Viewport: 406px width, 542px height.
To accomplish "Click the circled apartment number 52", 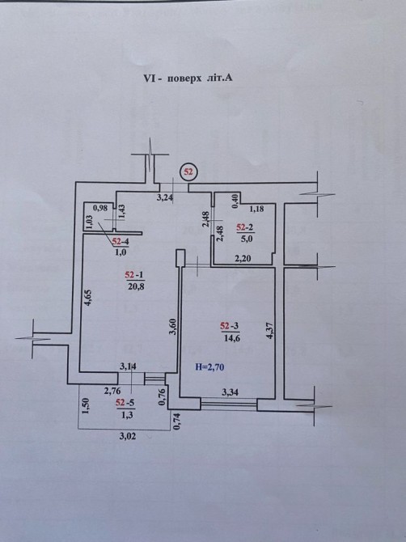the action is (188, 171).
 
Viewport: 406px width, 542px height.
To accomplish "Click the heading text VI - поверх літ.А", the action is (188, 78).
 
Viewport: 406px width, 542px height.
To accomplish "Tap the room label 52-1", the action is (135, 275).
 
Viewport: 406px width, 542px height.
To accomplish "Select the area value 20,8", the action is (135, 286).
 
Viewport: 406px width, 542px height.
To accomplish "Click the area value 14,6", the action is (231, 338).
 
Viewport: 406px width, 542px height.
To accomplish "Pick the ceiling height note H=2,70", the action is (209, 366).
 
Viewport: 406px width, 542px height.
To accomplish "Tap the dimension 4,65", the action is (90, 298).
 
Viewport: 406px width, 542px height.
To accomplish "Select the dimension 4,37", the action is (270, 330).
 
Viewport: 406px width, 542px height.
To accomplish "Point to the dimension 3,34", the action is (230, 392).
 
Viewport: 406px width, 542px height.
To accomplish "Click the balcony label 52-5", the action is (125, 402).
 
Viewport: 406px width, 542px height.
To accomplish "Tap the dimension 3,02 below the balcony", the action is (128, 436).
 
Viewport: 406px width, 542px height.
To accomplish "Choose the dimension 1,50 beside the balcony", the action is (86, 405).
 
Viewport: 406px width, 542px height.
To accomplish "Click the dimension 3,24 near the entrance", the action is (165, 198).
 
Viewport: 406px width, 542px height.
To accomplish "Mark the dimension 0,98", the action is (100, 208).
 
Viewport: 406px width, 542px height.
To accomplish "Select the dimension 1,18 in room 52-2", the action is (256, 209).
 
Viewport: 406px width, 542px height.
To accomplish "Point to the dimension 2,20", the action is (244, 258).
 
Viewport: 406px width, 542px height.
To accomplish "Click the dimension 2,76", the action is (112, 391).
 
